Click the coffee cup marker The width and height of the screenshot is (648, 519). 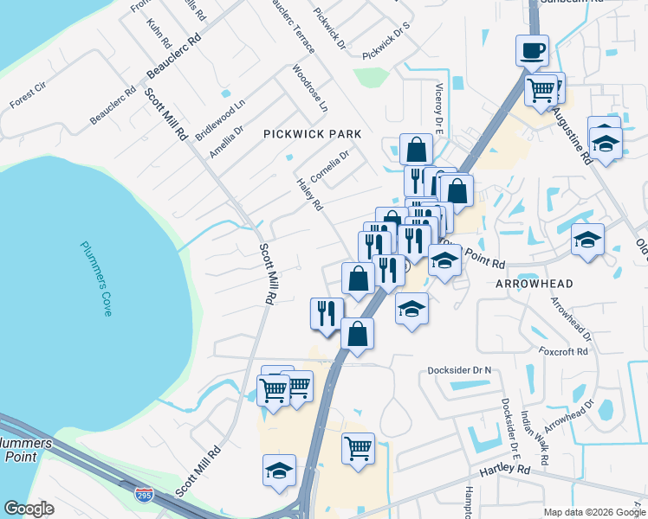(532, 50)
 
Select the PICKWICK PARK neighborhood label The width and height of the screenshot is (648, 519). (312, 134)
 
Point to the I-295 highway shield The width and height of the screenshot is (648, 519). (144, 495)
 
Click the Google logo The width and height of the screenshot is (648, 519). (29, 509)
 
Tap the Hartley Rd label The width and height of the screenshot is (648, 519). (505, 470)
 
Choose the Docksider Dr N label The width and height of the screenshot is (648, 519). (459, 370)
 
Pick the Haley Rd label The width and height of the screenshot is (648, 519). (309, 195)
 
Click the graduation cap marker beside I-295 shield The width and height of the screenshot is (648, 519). (279, 471)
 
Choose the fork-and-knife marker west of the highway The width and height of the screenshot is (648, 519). (327, 312)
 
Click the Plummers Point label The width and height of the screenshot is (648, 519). (26, 451)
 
